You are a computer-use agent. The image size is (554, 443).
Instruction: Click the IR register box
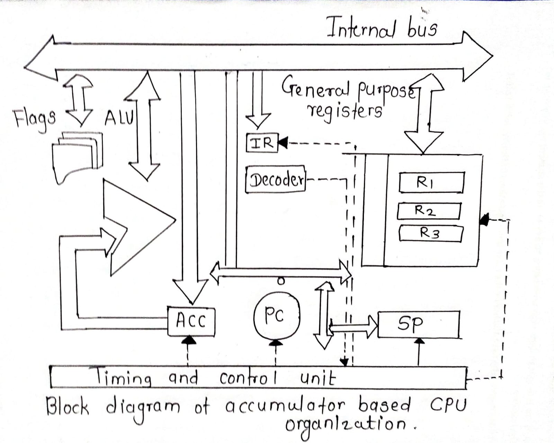[x=262, y=142]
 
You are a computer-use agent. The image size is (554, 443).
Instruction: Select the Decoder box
[x=275, y=179]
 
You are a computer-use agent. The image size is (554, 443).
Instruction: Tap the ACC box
[x=191, y=321]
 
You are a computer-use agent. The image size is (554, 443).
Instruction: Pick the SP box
[x=418, y=324]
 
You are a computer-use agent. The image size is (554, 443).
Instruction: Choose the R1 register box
[x=431, y=182]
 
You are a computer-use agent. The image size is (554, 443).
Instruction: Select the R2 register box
[x=429, y=211]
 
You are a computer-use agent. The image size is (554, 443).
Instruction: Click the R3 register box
[x=430, y=233]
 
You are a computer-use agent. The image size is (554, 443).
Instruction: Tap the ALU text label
[x=118, y=118]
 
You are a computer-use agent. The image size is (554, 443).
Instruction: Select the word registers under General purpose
[x=345, y=111]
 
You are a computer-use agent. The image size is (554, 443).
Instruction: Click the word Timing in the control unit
[x=123, y=377]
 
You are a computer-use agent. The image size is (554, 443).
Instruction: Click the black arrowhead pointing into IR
[x=283, y=142]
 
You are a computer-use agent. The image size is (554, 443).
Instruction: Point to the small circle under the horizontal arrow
[x=281, y=281]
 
